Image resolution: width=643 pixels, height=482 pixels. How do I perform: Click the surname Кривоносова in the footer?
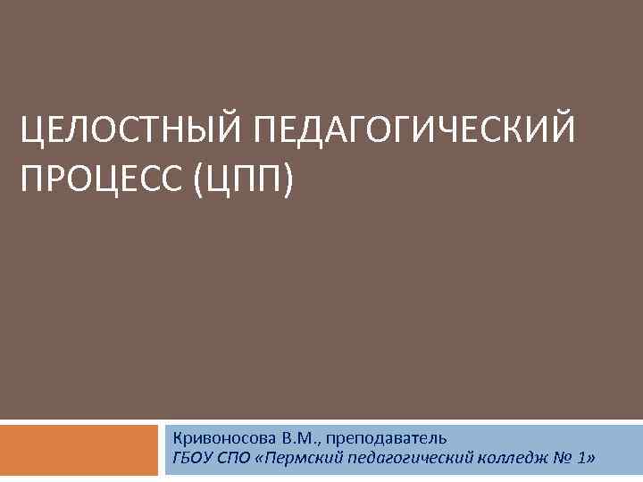point(224,437)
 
